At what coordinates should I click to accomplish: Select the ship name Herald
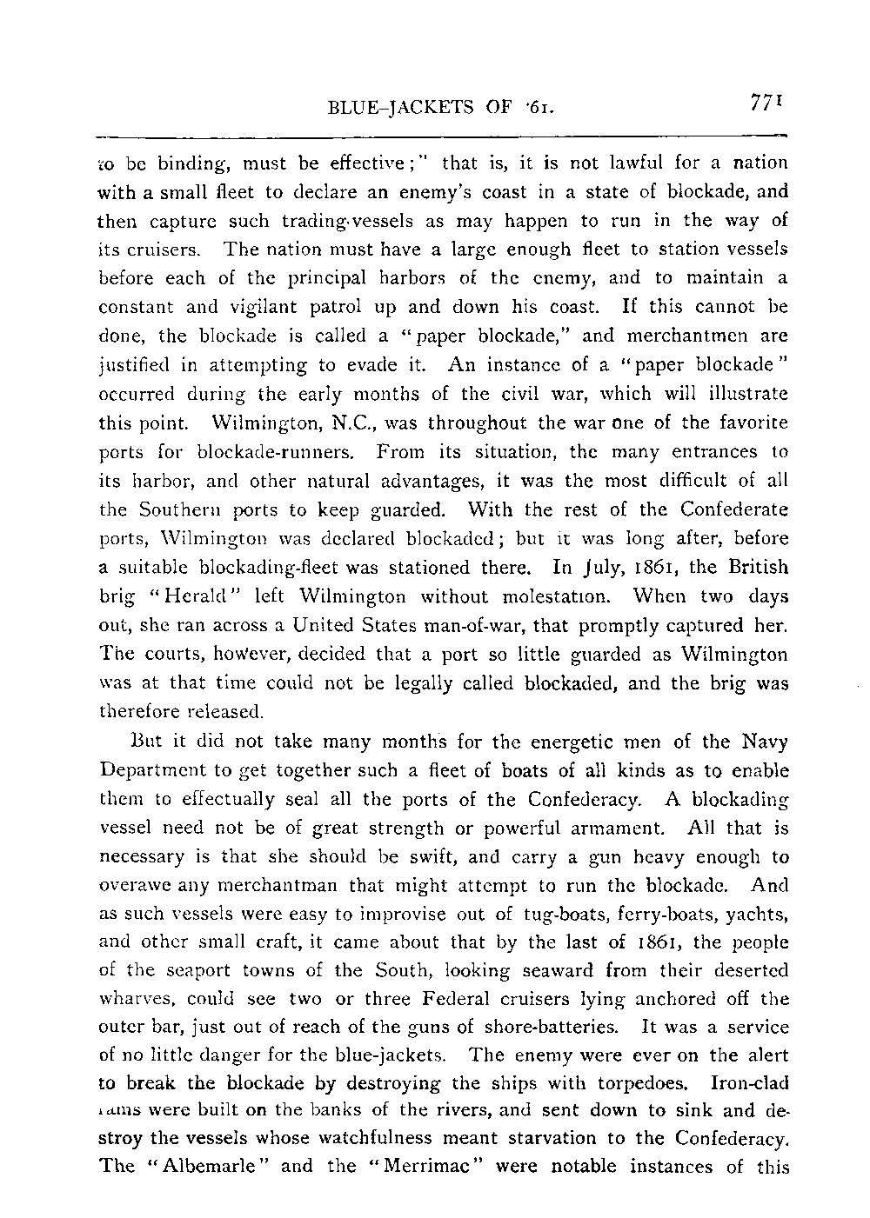190,597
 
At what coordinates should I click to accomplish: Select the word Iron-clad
750,1083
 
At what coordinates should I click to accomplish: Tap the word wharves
137,970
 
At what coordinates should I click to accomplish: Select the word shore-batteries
553,1027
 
